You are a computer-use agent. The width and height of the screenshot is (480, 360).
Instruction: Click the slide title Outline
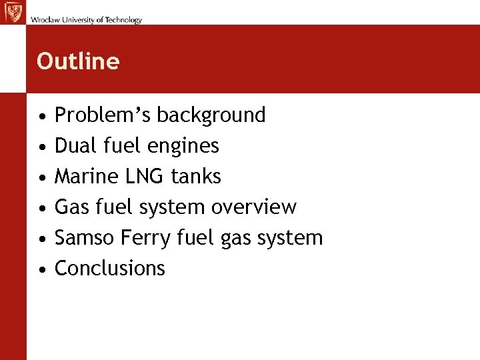click(x=78, y=61)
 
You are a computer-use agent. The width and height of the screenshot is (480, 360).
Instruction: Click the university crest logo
click(x=13, y=13)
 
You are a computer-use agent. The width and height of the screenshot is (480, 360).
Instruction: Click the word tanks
click(x=196, y=176)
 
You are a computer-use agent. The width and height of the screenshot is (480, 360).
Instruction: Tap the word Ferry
click(x=136, y=237)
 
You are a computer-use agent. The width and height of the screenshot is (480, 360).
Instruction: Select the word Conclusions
click(x=109, y=268)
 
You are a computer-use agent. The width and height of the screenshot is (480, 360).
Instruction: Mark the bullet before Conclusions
click(x=42, y=269)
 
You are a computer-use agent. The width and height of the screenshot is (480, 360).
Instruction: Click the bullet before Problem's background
click(x=42, y=116)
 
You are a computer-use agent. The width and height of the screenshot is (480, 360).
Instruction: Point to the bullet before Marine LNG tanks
click(x=42, y=177)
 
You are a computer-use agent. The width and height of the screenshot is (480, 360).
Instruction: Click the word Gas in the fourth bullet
click(x=69, y=207)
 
